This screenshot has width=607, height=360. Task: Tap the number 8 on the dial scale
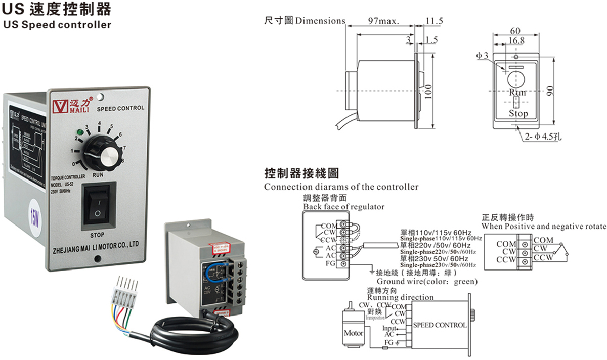click(123, 160)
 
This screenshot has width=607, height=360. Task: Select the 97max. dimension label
click(384, 21)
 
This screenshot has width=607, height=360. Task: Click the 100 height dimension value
click(428, 92)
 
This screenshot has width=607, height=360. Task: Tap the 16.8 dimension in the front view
click(516, 40)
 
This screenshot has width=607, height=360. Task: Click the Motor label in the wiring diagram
click(354, 333)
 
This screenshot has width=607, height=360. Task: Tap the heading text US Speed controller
click(57, 25)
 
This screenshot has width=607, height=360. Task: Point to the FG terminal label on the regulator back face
click(330, 263)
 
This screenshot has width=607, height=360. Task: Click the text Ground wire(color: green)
click(427, 281)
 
